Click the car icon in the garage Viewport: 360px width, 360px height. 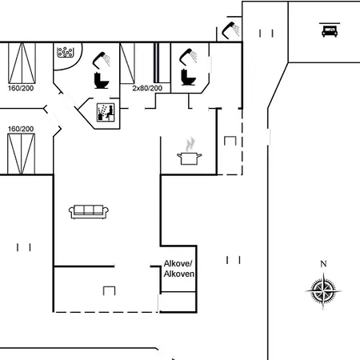tap(330, 31)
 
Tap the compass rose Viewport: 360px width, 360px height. tap(323, 291)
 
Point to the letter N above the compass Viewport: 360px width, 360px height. tap(323, 264)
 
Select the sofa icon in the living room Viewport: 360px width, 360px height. tap(89, 212)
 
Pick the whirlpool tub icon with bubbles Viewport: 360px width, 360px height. tap(66, 52)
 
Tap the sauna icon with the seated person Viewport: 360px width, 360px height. tap(106, 112)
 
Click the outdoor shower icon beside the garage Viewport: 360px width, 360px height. tap(230, 30)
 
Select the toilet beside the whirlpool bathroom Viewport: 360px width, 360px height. tap(102, 80)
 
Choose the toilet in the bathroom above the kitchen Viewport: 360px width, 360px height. tap(188, 77)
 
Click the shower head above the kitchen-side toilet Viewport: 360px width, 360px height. tap(188, 57)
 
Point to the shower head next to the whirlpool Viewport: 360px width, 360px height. tap(102, 60)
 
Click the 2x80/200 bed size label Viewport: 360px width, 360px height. tap(147, 88)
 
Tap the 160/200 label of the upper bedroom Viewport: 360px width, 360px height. tap(21, 88)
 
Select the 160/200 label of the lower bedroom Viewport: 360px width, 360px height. tap(21, 129)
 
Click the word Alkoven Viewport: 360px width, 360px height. tap(179, 274)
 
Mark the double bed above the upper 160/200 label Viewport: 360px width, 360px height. tap(22, 63)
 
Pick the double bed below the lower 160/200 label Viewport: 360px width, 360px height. tap(21, 154)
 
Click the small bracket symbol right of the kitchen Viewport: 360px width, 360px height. tap(230, 141)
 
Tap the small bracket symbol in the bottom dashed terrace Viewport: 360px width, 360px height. tap(109, 290)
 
